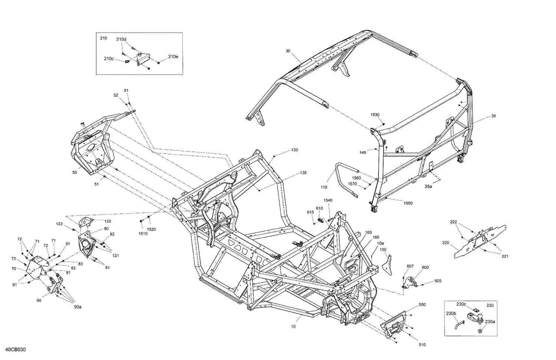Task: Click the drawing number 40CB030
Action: (x=16, y=350)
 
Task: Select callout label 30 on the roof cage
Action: (x=288, y=51)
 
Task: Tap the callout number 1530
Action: (x=375, y=115)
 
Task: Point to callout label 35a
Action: (x=428, y=187)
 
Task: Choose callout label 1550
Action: (x=408, y=203)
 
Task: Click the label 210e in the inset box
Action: (x=173, y=57)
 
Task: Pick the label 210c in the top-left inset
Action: (x=109, y=59)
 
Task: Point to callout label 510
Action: (x=422, y=345)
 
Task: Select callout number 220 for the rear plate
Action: (x=445, y=243)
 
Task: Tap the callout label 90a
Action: (x=77, y=307)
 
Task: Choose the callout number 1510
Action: (x=143, y=234)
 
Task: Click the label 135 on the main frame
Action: (x=303, y=173)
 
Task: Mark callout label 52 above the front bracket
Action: (x=116, y=95)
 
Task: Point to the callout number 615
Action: (x=310, y=212)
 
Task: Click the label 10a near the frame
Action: (x=381, y=243)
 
